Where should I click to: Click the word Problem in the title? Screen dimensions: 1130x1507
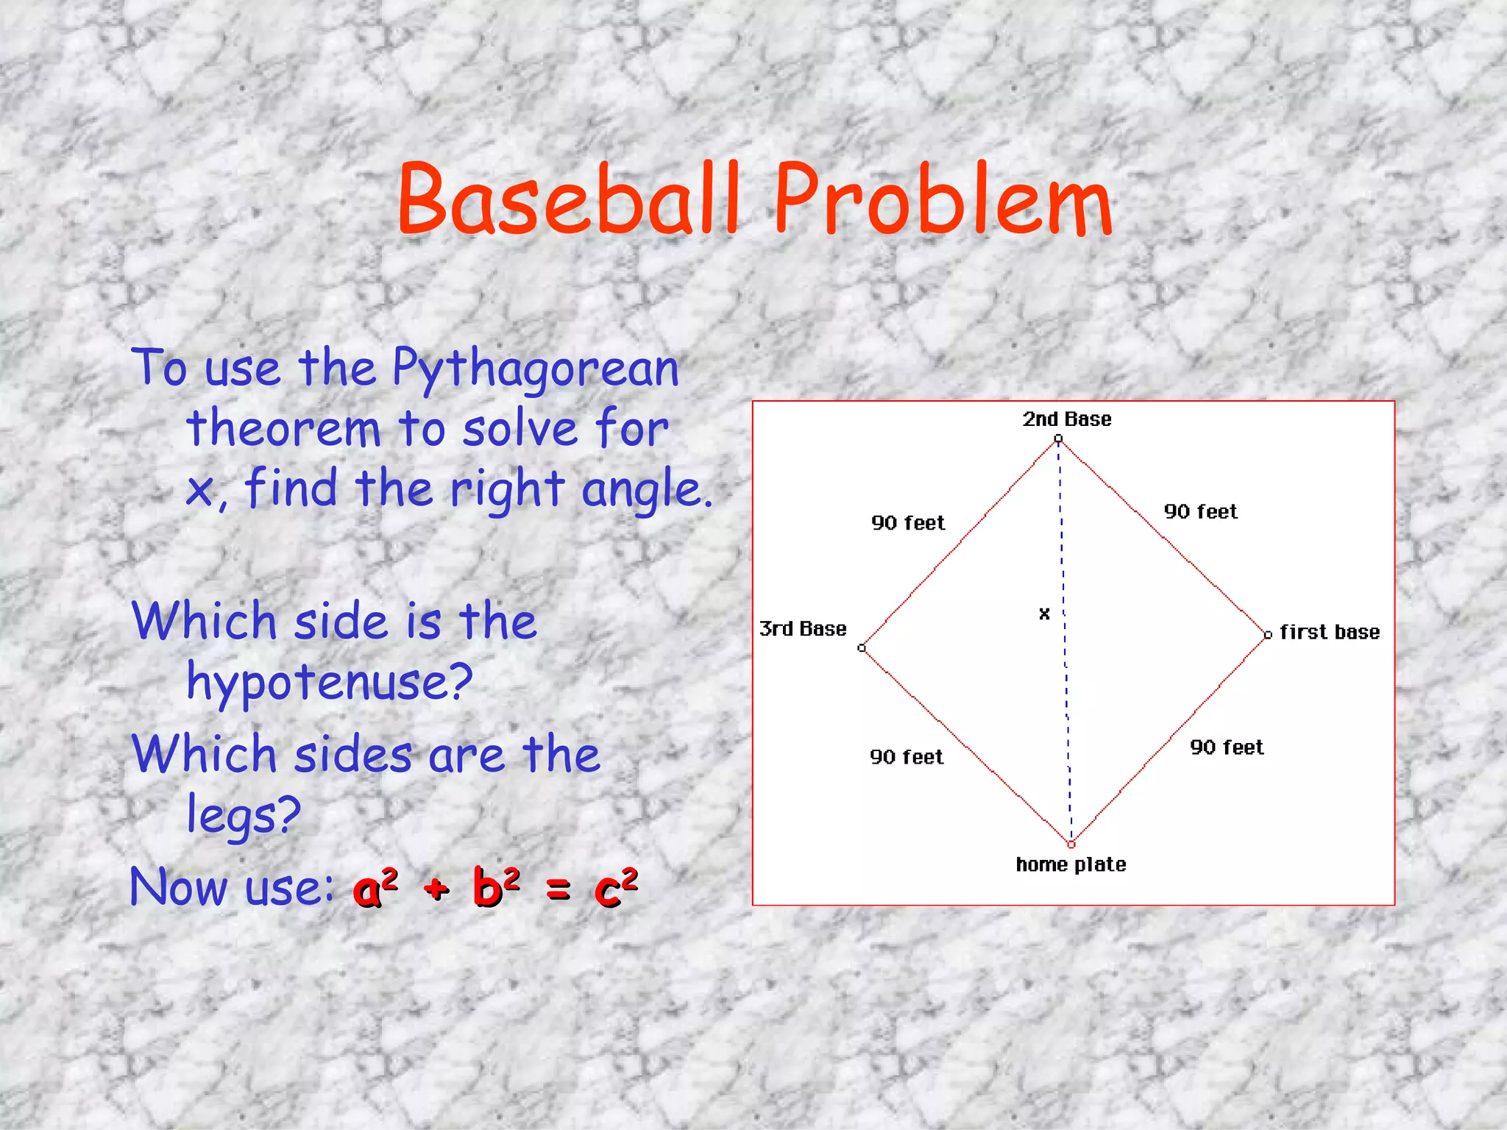pos(943,200)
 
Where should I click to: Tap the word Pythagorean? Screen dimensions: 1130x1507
pos(535,369)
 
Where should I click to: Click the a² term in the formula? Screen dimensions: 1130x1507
pos(375,886)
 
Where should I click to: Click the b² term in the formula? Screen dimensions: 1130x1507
pos(497,886)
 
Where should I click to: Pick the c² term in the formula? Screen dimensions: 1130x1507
pos(616,886)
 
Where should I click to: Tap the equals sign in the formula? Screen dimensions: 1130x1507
pos(559,890)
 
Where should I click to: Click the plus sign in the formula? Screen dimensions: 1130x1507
pos(436,889)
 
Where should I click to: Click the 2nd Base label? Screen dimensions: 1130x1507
pos(1066,419)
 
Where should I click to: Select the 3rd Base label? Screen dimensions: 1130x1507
pos(803,629)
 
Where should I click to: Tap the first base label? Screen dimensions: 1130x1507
pos(1329,632)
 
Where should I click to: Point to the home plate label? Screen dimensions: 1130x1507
pos(1071,864)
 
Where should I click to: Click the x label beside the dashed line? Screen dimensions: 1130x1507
pos(1044,614)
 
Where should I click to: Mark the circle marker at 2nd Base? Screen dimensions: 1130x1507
pos(1058,439)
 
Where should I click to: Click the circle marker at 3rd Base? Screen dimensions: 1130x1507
pos(862,648)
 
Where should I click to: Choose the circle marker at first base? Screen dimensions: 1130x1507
pos(1268,635)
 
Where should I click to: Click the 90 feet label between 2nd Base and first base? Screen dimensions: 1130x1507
pos(1200,512)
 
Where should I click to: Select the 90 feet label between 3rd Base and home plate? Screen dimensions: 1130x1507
pos(907,757)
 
